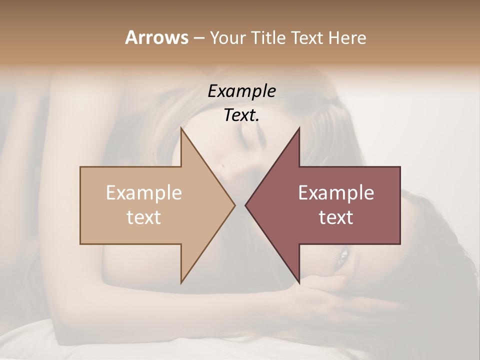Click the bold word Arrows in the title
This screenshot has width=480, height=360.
click(x=156, y=37)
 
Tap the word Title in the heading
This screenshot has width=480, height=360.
click(x=268, y=37)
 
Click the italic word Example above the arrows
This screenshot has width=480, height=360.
click(x=241, y=91)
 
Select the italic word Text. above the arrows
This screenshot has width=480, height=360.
click(x=241, y=115)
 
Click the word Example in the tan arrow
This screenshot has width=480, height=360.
click(x=144, y=193)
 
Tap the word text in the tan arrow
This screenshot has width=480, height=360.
click(x=144, y=217)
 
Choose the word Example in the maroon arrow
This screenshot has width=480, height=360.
click(x=336, y=193)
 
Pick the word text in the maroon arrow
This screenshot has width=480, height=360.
click(x=336, y=217)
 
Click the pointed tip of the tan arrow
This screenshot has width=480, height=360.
click(x=235, y=205)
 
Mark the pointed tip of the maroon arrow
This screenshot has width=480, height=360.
click(x=245, y=205)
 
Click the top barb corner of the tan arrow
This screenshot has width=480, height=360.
click(x=181, y=128)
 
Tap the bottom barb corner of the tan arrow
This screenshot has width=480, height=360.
click(x=181, y=283)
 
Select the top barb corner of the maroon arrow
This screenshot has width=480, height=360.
click(x=299, y=128)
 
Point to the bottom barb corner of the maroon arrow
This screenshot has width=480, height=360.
click(x=299, y=283)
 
